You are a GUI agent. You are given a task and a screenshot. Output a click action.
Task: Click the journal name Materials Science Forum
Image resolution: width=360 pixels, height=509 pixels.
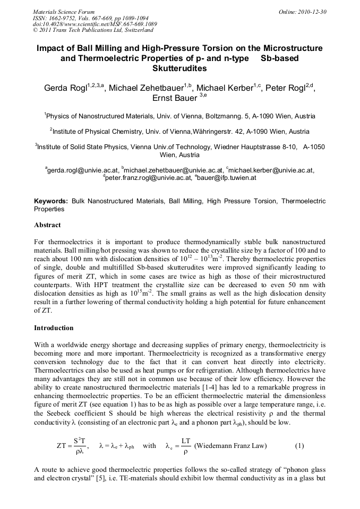point(64,11)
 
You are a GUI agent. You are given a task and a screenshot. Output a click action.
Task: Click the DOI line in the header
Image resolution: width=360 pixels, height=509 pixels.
point(95,24)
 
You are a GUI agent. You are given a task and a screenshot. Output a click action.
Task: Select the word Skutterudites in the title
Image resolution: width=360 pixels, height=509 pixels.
point(179,68)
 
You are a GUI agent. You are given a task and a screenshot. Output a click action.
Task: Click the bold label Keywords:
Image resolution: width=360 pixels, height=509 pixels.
point(51,202)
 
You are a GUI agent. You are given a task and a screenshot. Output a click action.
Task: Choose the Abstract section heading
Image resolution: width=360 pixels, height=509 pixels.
point(47,225)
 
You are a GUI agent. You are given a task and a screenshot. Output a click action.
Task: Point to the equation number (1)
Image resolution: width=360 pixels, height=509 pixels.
point(299,445)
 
